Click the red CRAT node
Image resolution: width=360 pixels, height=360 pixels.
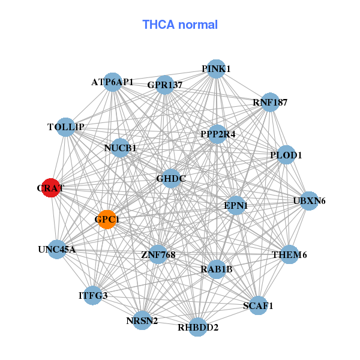coord(51,188)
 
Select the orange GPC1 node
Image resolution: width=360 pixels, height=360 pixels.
coord(107,220)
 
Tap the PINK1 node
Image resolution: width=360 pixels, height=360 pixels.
coord(216,69)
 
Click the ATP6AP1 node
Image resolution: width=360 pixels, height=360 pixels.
coord(113,82)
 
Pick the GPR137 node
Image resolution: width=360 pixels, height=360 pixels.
coord(164,85)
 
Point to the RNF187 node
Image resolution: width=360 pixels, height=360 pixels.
coord(270,102)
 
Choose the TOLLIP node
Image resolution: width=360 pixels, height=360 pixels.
coord(66,127)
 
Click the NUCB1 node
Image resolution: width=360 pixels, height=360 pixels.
coord(120,148)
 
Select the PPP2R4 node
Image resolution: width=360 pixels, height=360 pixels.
coord(218,134)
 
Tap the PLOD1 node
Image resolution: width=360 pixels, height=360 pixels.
coord(286,155)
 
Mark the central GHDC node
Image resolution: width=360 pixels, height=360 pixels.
coord(171,178)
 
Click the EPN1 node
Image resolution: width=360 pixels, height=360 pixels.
coord(236,206)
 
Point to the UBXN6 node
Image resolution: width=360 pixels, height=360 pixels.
coord(309,200)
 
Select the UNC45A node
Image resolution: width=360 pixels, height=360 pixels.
coord(57,249)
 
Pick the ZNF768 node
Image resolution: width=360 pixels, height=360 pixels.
coord(158,255)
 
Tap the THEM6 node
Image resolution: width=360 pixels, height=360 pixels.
coord(289,255)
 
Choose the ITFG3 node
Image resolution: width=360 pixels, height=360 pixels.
coord(93,295)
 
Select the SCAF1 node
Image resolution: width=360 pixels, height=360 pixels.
coord(258,306)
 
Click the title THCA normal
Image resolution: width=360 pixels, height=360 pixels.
coord(180,25)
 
